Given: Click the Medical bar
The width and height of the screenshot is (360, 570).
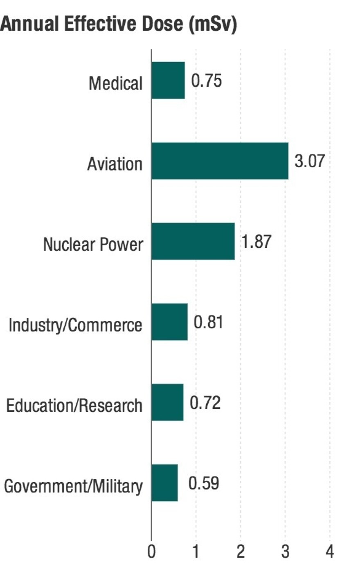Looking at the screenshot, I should pos(168,81).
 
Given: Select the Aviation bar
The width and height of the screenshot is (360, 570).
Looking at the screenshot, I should pos(220,161).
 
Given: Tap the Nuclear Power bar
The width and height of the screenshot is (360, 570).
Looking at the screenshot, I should pos(193,242).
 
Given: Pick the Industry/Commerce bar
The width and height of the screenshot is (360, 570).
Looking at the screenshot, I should pos(169,322).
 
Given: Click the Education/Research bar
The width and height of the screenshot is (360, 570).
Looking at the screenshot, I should pos(167,403).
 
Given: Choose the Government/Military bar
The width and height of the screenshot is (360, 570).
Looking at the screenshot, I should pos(164,483).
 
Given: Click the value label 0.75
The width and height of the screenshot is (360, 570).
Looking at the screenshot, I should pos(207,81).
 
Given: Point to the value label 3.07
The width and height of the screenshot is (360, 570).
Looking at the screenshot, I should pos(310,161).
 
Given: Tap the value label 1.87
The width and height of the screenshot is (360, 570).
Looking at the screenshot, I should pos(256,242).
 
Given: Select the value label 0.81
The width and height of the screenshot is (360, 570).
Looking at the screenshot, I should pos(209,322).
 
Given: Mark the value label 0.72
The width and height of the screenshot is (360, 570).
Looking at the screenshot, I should pos(205,403).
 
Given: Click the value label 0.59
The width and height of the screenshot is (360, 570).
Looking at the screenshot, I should pos(204,483).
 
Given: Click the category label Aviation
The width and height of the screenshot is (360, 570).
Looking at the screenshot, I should pos(115,164).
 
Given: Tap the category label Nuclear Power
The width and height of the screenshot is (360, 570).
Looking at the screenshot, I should pos(93,245).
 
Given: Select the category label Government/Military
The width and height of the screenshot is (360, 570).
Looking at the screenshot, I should pos(73,487).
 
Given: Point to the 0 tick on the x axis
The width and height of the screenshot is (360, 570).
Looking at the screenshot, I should pos(151,552).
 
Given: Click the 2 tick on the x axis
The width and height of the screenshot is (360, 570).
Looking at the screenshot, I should pos(241,552).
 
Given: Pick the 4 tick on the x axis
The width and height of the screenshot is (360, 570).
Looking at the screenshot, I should pos(330,552).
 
